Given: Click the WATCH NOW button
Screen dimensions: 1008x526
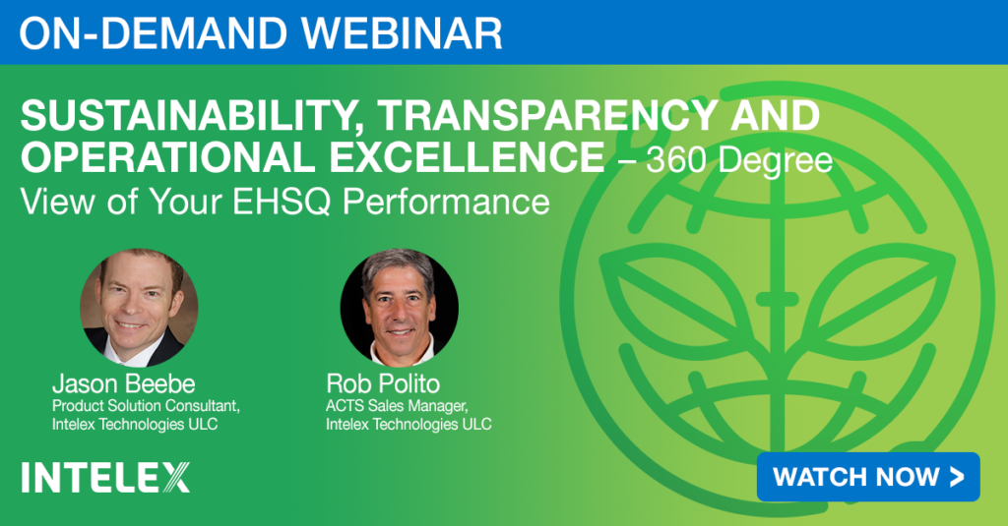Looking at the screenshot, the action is tap(868, 477).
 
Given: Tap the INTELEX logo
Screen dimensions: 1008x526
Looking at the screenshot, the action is tap(105, 477).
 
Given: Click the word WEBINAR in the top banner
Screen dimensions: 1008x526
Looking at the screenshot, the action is tap(395, 32).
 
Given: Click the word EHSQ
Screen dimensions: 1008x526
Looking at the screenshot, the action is tap(282, 202).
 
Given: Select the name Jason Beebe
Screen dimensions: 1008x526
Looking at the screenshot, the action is tap(123, 384).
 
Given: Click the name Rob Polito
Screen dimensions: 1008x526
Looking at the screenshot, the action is tap(383, 384).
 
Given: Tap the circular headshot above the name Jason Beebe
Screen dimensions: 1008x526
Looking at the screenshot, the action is tap(139, 308).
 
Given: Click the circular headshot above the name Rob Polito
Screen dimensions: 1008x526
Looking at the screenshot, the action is tap(400, 308).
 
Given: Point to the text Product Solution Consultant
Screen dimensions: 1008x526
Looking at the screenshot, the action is tap(146, 406).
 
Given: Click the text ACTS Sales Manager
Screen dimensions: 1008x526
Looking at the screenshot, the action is tap(397, 406).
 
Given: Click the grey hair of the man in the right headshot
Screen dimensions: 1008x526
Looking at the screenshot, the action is tap(399, 264).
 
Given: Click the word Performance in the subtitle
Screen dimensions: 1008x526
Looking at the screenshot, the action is tap(446, 202).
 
